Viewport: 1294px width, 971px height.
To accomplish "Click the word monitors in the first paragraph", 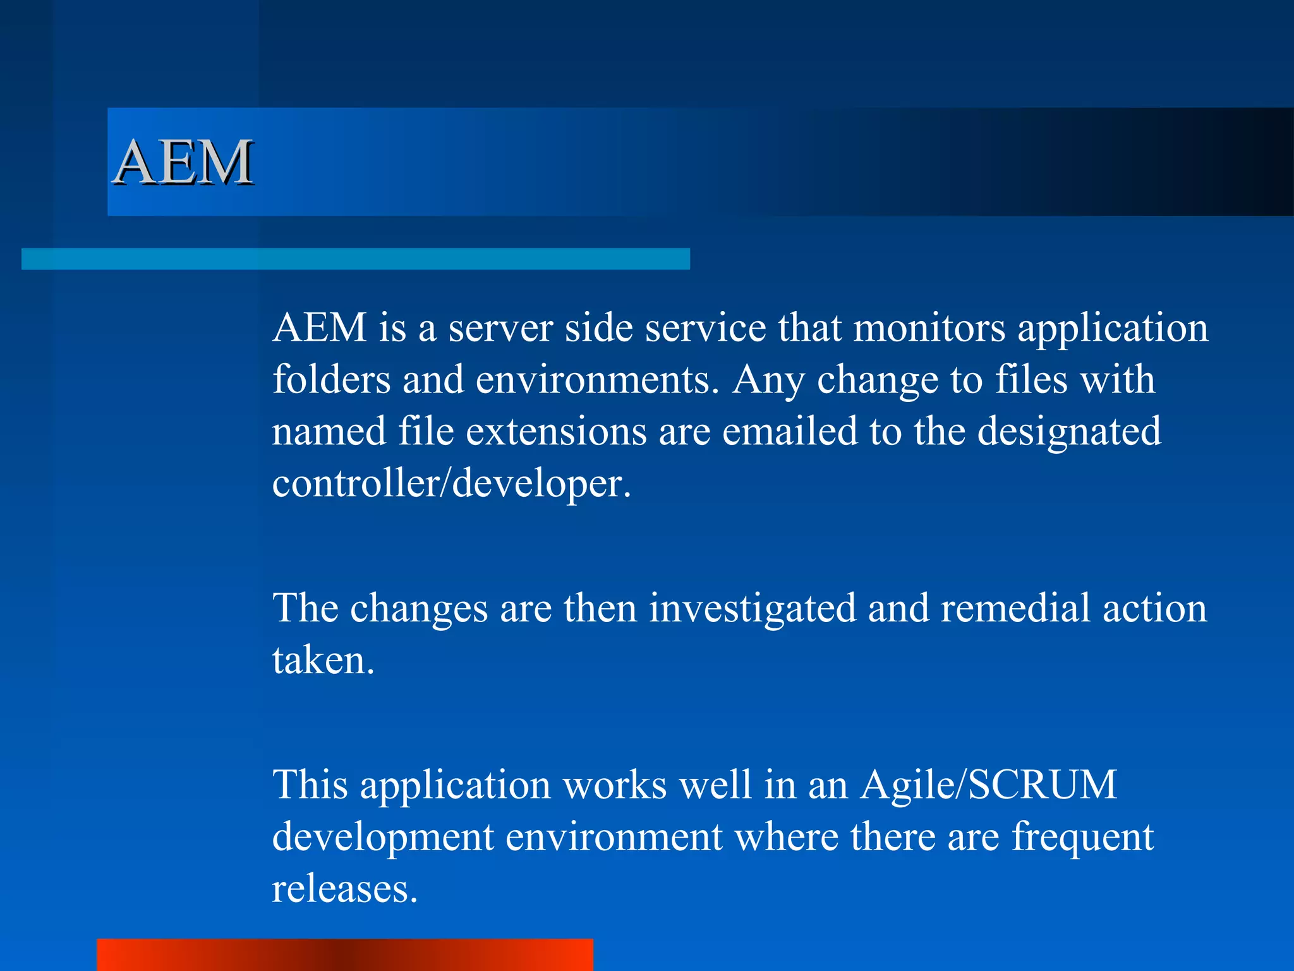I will (929, 328).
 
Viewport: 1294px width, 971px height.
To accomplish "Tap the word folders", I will (332, 380).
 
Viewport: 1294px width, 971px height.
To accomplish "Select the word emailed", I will (790, 432).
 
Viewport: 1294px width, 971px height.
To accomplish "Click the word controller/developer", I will (451, 484).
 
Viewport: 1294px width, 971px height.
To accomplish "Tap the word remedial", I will (1015, 608).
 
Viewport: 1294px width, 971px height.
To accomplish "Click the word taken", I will (323, 661).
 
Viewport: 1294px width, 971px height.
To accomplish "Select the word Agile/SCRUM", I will (988, 786).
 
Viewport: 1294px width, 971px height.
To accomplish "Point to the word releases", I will (344, 889).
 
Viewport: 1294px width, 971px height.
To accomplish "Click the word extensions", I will (557, 432).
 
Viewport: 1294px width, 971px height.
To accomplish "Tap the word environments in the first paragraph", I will (597, 380).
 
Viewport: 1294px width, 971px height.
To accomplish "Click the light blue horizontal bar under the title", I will (355, 259).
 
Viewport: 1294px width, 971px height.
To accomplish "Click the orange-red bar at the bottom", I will (344, 955).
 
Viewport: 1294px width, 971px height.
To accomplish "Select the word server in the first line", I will (500, 328).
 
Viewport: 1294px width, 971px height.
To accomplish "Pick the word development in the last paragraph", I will (383, 838).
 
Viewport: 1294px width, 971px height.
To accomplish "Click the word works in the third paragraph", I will (614, 786).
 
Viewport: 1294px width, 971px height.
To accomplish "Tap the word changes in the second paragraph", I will (418, 608).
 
